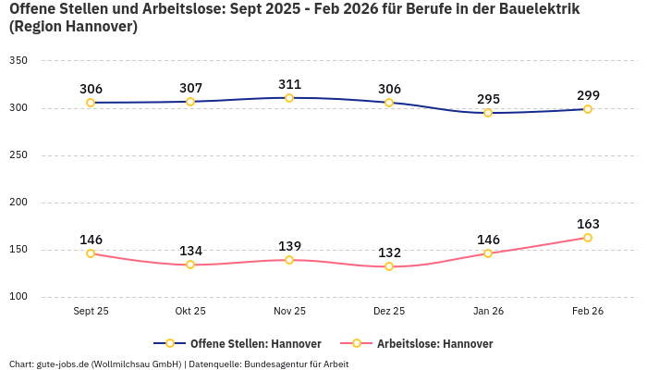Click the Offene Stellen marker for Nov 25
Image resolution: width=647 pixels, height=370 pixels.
click(289, 98)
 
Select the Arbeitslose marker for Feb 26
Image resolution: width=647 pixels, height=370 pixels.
click(588, 238)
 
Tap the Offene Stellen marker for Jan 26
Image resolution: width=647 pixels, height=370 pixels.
click(488, 113)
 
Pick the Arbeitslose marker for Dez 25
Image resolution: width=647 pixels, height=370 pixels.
click(389, 266)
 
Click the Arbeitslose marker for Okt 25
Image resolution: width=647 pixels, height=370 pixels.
click(190, 265)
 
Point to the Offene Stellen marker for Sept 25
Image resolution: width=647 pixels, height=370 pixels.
click(91, 103)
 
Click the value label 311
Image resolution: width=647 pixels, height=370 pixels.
click(289, 84)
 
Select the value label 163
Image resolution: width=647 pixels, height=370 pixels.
click(588, 224)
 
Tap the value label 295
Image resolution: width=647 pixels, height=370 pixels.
click(488, 99)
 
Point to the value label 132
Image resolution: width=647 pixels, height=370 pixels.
click(389, 253)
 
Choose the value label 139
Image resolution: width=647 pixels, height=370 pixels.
click(289, 246)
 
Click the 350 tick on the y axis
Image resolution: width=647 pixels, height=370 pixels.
click(18, 60)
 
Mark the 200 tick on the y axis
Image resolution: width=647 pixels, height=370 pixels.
click(18, 203)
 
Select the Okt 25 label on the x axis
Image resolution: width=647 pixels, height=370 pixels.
click(190, 311)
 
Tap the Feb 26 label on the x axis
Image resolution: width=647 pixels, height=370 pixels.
click(588, 311)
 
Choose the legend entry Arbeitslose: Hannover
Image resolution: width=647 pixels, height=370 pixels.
click(434, 343)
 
